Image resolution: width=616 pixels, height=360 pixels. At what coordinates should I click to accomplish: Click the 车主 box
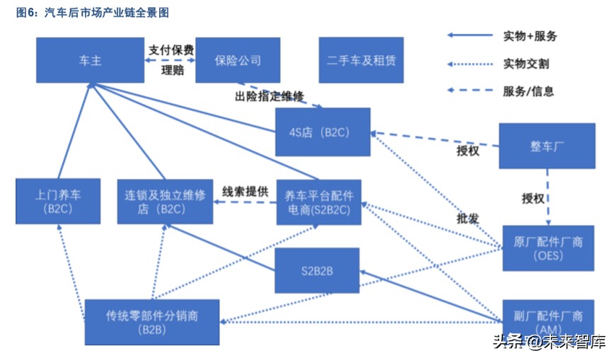(91, 60)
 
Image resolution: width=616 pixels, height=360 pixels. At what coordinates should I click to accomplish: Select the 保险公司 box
(238, 60)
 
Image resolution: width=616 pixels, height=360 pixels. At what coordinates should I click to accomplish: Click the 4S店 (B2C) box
(322, 132)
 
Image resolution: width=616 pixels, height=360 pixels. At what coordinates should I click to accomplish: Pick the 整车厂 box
(547, 146)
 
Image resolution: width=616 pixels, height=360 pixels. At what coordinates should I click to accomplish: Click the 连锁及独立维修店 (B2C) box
(165, 202)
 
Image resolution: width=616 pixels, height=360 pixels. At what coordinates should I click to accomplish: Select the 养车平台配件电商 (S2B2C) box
(318, 202)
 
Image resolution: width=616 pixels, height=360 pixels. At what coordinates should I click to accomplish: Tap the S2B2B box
(317, 269)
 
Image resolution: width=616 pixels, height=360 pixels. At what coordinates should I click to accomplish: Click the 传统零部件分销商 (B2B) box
(152, 322)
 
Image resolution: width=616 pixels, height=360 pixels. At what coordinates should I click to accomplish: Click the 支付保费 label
(170, 50)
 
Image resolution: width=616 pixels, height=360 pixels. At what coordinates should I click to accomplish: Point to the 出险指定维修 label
(269, 95)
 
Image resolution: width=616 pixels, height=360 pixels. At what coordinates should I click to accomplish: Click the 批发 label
(467, 219)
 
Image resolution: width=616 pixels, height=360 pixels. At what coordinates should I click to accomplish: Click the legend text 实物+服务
(530, 36)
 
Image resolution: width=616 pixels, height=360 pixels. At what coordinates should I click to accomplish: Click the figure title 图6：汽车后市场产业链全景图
(93, 13)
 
